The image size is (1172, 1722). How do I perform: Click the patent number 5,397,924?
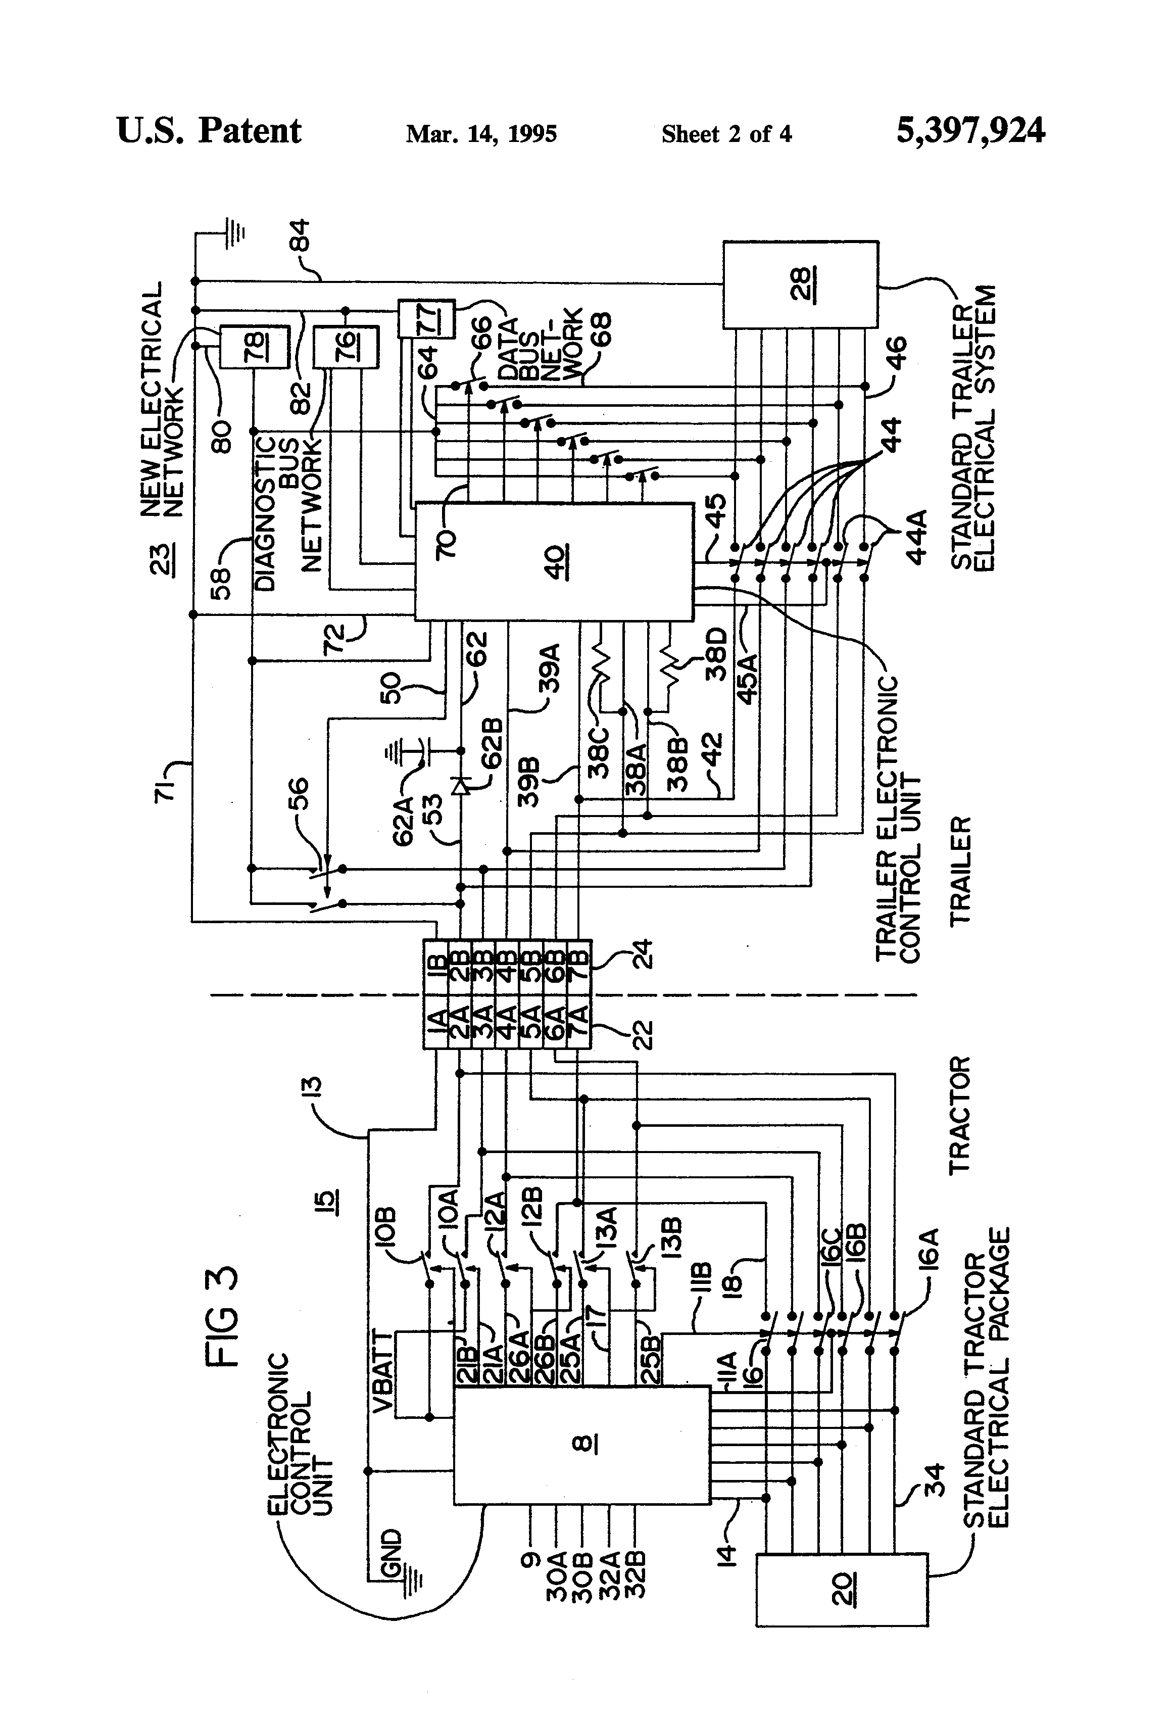click(x=970, y=131)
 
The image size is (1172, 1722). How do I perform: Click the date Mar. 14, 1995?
click(x=481, y=134)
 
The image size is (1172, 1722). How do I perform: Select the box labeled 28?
click(x=800, y=284)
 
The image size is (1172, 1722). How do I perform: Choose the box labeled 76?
click(x=345, y=346)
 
